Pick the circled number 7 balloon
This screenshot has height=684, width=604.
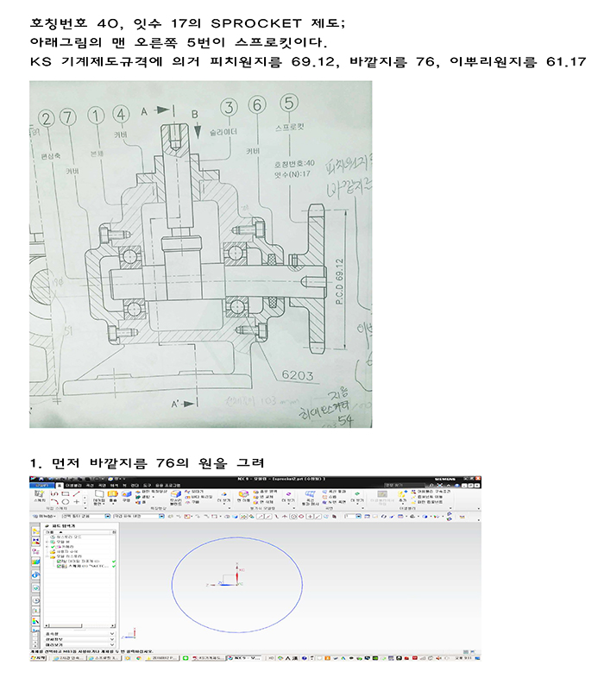[70, 116]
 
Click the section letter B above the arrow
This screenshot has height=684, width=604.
[195, 114]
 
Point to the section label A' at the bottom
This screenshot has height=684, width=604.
[176, 404]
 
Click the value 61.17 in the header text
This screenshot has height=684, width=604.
[566, 62]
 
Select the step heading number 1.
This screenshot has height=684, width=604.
[35, 462]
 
